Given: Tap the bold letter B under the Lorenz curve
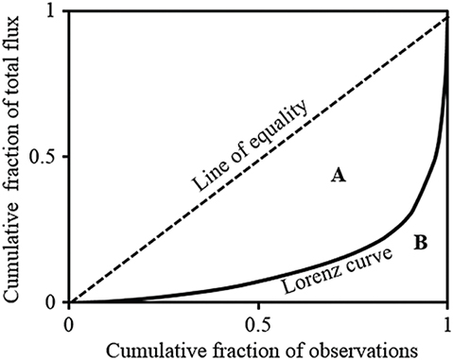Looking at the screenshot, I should click(421, 244).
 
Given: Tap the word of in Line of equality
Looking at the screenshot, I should click(232, 161).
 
